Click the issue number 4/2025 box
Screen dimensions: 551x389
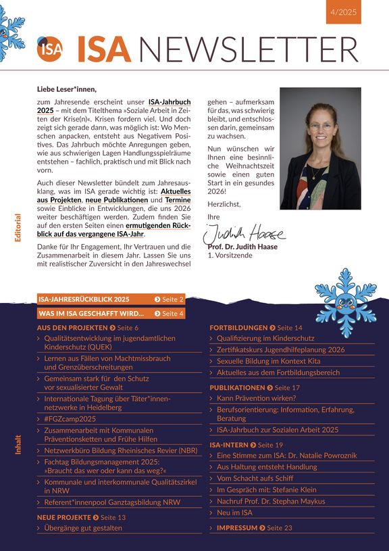pos(344,12)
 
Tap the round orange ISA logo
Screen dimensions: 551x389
pos(49,49)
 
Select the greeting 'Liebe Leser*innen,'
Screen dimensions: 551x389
pos(67,89)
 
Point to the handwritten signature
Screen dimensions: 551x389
pos(244,233)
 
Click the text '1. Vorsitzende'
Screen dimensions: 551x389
pos(230,256)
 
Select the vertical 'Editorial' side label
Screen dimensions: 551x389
pos(18,228)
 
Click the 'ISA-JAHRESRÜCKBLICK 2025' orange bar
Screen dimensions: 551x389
pos(84,299)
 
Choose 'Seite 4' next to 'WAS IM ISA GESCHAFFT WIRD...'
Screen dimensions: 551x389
pos(169,314)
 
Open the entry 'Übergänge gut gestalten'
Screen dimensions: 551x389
pos(83,527)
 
